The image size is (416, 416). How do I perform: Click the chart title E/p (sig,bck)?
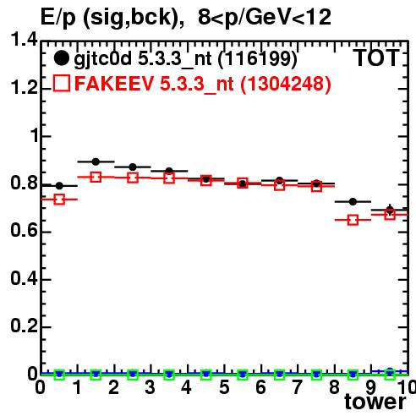(112, 18)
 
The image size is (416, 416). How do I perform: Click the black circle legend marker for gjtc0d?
(61, 58)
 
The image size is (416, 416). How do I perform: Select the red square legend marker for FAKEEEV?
(62, 83)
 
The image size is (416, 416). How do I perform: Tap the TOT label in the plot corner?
(376, 57)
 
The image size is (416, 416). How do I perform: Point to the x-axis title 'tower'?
(375, 402)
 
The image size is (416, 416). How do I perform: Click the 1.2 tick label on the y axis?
(24, 88)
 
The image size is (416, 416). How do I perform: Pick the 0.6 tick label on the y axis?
(24, 230)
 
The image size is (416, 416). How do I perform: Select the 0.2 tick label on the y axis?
(24, 326)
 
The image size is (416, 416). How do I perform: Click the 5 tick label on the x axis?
(224, 387)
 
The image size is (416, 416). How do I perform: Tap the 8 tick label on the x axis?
(334, 387)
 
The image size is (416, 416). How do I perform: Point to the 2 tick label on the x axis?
(113, 387)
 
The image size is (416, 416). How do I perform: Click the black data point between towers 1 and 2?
(96, 161)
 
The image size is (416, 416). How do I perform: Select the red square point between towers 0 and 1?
(59, 200)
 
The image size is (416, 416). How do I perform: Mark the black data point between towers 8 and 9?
(353, 202)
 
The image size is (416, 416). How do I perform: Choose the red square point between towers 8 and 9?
(353, 220)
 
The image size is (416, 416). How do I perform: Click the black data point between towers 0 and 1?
(59, 186)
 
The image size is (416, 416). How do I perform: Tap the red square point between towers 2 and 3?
(133, 178)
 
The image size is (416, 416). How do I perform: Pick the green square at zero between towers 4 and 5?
(206, 375)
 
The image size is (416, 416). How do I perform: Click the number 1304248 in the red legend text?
(285, 84)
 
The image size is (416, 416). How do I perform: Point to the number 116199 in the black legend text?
(258, 59)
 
